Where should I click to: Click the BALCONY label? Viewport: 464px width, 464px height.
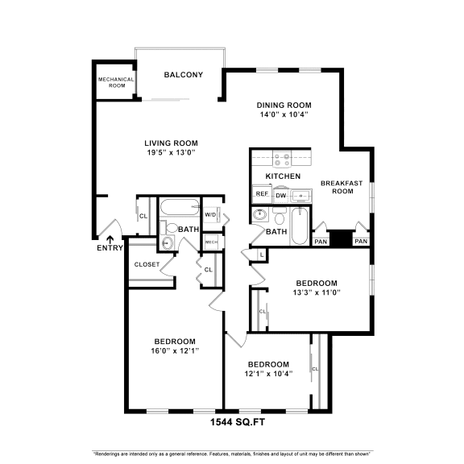point(183,75)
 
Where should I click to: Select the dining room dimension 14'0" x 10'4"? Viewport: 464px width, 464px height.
point(284,115)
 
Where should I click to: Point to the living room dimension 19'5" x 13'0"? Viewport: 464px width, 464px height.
point(172,152)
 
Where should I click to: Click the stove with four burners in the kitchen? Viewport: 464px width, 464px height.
point(281,159)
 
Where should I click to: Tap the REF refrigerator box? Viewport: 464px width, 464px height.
point(261,193)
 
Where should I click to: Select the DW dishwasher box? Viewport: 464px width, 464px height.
point(281,195)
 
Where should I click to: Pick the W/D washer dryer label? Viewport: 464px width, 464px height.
point(209,214)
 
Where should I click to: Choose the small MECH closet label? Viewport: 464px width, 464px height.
point(211,242)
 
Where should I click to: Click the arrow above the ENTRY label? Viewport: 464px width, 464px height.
point(110,238)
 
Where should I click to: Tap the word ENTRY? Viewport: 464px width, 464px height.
point(110,248)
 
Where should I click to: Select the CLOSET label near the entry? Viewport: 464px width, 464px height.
point(147,264)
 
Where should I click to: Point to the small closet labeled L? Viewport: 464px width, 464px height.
point(262,255)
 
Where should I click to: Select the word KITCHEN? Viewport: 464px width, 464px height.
point(283,176)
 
